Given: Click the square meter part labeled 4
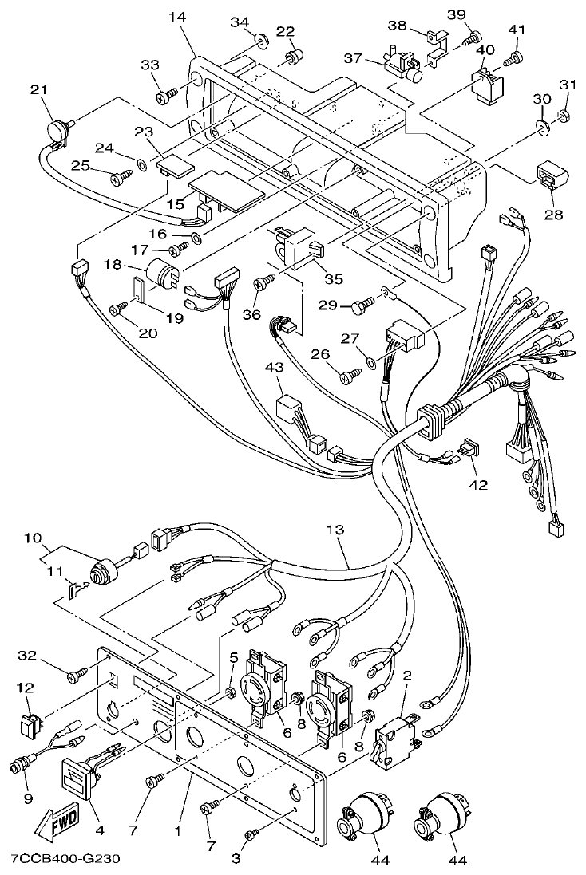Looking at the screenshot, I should [x=78, y=776].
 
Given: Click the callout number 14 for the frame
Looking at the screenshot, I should [x=176, y=15].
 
